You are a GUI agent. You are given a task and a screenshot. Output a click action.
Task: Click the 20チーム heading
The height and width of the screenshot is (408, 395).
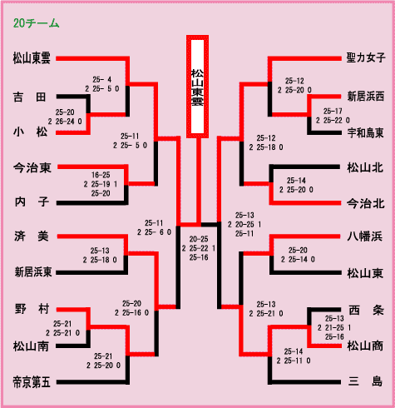point(36,23)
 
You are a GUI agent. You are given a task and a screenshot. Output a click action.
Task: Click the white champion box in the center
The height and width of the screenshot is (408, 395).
point(197,87)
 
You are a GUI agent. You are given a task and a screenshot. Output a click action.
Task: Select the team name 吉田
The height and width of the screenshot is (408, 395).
point(30,97)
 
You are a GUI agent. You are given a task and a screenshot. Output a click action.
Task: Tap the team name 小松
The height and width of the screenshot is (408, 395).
point(30,132)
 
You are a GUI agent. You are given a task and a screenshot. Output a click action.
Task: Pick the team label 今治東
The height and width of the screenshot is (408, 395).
point(32,167)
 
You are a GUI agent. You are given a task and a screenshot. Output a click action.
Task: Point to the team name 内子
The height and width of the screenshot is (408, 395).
point(32,202)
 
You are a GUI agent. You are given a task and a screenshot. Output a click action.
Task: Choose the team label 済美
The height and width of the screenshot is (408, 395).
point(32,236)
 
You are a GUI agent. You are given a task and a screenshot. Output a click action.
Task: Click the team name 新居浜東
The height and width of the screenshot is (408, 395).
point(33,272)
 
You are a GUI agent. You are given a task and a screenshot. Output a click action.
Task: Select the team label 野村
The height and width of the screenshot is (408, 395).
point(32,309)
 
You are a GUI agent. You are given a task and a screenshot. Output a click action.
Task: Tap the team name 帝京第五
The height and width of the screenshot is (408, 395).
point(32,382)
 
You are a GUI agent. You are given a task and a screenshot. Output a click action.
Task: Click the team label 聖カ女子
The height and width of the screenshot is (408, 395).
point(366,57)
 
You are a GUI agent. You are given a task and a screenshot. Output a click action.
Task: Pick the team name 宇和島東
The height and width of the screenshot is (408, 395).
point(366,133)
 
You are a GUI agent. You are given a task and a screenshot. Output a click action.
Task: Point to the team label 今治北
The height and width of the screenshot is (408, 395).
point(366,204)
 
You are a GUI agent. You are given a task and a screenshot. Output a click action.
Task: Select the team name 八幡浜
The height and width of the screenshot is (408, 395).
point(365,236)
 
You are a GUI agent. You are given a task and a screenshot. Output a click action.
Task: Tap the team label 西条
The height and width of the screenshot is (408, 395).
point(366,310)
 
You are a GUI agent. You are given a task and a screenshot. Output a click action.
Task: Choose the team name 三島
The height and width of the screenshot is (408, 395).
point(365,381)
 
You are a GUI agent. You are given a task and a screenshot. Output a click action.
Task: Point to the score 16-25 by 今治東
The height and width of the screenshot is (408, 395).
point(101,175)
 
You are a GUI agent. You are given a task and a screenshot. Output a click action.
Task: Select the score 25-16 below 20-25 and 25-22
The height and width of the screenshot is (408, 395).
point(199,257)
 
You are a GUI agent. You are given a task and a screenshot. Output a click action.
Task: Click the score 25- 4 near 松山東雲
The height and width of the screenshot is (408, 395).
point(101,80)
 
